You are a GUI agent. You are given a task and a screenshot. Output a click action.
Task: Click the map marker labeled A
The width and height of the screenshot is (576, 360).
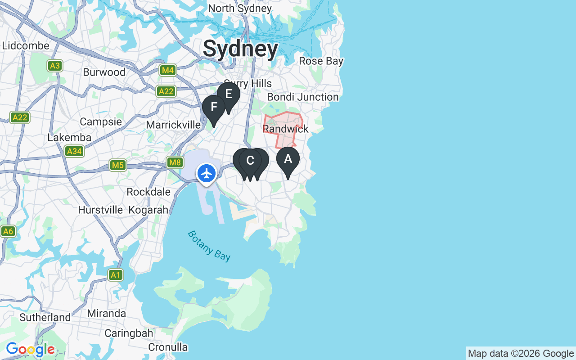coord(288,160)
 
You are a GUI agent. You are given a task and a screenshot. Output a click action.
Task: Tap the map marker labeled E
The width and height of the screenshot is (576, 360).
coord(229,95)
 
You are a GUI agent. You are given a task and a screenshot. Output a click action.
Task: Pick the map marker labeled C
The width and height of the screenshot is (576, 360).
coord(250,161)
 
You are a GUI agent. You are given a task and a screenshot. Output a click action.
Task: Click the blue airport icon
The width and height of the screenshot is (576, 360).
coord(207,173)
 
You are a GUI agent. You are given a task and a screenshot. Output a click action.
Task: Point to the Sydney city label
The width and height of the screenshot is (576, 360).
coord(240,49)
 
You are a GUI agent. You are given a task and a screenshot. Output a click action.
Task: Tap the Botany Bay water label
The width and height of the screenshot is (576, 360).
coord(209,246)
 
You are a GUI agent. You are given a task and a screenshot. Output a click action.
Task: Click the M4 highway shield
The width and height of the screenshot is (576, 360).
coord(168,70)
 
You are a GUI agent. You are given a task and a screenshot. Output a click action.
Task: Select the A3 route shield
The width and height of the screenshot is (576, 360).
coord(55,66)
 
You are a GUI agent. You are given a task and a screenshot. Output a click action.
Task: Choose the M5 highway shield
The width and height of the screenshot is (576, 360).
coord(118,165)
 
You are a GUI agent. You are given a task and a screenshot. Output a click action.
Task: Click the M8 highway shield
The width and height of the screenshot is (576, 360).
coord(175,162)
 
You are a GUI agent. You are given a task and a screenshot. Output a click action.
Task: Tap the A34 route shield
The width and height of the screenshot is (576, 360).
coord(74,151)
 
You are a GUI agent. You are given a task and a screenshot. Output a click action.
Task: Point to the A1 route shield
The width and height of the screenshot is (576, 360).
coord(116,274)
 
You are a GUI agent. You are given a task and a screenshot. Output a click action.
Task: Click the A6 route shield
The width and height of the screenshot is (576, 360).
coord(8,231)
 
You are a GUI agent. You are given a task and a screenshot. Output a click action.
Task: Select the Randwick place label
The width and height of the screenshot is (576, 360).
coord(286,129)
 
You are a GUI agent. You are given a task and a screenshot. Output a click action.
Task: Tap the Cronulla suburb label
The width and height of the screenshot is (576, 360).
coord(168,347)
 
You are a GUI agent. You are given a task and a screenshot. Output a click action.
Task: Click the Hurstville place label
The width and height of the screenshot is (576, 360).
coord(100,210)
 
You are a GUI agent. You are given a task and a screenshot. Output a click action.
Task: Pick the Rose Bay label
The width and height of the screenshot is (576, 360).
coord(321,61)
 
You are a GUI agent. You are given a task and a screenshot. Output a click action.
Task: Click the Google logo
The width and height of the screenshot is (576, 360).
coord(30,349)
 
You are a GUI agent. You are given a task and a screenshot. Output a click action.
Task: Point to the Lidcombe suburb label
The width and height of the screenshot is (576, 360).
coord(26,46)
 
